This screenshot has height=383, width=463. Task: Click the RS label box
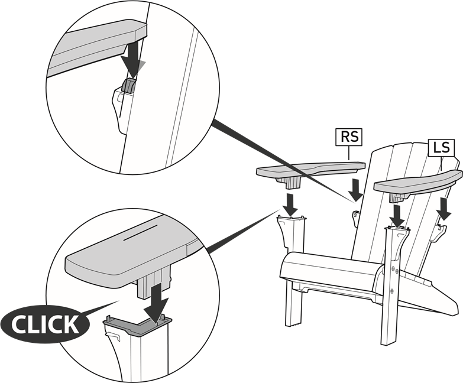click(349, 137)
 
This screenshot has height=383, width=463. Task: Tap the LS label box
click(441, 147)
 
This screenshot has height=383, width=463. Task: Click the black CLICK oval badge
click(45, 324)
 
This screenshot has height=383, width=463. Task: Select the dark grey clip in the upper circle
click(129, 86)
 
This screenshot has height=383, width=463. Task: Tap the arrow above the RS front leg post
click(291, 205)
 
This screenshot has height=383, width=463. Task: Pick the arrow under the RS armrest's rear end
click(356, 190)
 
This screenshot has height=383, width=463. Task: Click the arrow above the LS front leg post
click(398, 216)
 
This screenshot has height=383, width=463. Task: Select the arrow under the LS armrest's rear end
click(445, 209)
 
